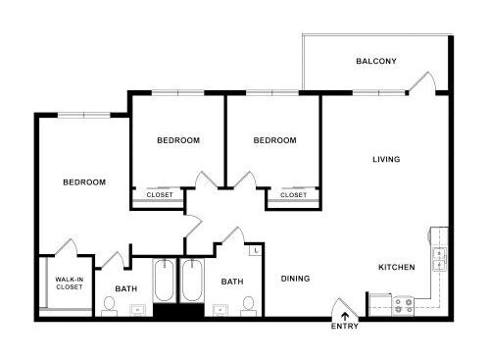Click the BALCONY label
[x=376, y=61]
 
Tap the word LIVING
[x=386, y=159]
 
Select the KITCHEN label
[x=397, y=267]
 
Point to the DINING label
[x=295, y=279]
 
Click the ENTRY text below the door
[x=345, y=326]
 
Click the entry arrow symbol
[x=345, y=316]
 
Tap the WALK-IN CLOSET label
[x=69, y=283]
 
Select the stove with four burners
[x=404, y=306]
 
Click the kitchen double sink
[x=439, y=259]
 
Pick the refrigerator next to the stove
[x=380, y=305]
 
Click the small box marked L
[x=256, y=251]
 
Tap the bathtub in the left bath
[x=164, y=281]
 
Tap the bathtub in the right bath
[x=192, y=281]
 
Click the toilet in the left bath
[x=109, y=306]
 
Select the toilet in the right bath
[x=248, y=306]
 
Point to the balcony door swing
[x=423, y=81]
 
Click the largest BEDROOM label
[x=84, y=182]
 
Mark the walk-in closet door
[x=66, y=247]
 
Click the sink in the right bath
[x=220, y=309]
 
